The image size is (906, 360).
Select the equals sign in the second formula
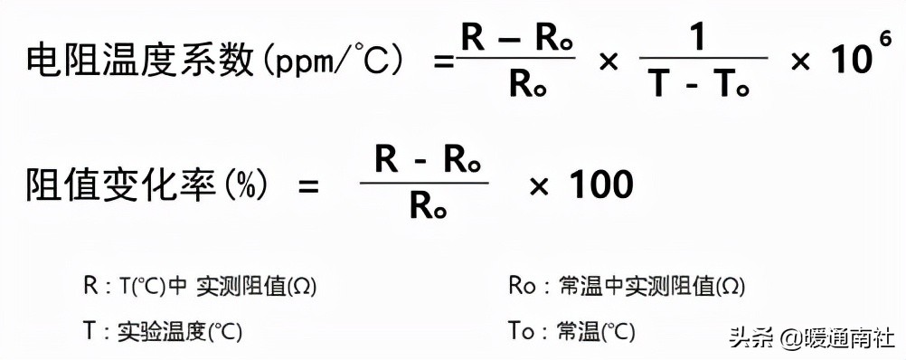pyautogui.click(x=308, y=186)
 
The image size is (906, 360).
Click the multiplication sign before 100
pyautogui.click(x=539, y=186)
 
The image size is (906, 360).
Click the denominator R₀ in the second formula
pyautogui.click(x=424, y=208)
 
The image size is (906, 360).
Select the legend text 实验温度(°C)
pyautogui.click(x=181, y=331)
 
